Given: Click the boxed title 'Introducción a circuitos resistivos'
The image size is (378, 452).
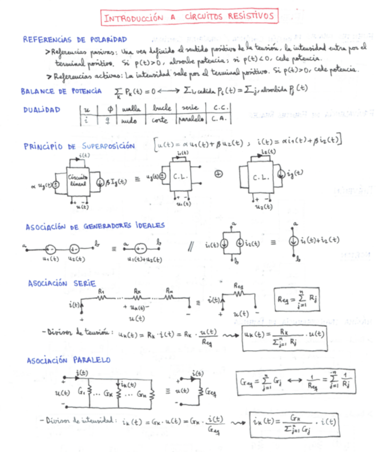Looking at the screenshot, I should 189,17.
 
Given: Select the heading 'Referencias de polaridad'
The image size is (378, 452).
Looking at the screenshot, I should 75,39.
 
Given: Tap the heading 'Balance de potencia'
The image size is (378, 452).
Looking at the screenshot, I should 61,91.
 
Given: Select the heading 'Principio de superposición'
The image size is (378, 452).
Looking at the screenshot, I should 79,146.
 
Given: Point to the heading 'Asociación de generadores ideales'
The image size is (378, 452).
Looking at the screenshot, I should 95,226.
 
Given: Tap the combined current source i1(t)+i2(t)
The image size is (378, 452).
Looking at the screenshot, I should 293,241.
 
